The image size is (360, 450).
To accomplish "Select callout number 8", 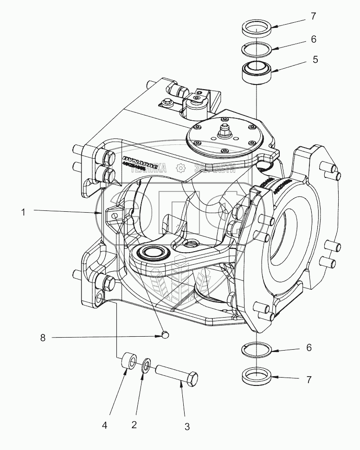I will pyautogui.click(x=43, y=339).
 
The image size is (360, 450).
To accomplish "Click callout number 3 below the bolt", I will pyautogui.click(x=186, y=426).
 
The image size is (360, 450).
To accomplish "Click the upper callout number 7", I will pyautogui.click(x=314, y=16).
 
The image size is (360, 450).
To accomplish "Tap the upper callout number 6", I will pyautogui.click(x=314, y=39).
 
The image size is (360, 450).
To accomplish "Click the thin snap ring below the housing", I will pyautogui.click(x=257, y=349).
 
